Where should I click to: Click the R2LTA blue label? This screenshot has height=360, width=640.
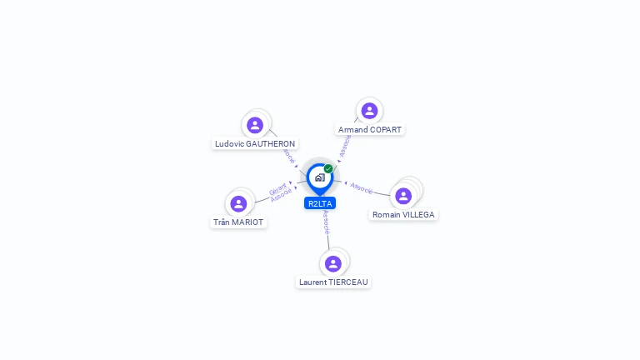pyautogui.click(x=320, y=203)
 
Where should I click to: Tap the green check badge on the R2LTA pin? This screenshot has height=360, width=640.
pyautogui.click(x=328, y=169)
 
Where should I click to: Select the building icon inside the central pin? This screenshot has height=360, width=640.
pyautogui.click(x=319, y=177)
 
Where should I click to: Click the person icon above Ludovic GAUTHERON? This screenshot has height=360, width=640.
pyautogui.click(x=255, y=125)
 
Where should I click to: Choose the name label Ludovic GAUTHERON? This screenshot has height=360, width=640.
pyautogui.click(x=255, y=143)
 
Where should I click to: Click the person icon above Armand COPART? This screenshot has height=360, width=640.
pyautogui.click(x=369, y=111)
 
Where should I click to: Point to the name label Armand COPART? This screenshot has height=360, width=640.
pyautogui.click(x=369, y=130)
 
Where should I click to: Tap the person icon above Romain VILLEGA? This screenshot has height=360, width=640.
pyautogui.click(x=403, y=196)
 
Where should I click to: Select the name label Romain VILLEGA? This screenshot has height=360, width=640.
pyautogui.click(x=403, y=214)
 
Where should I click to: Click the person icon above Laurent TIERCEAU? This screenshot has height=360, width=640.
pyautogui.click(x=333, y=263)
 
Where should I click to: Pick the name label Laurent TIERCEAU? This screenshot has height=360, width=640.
pyautogui.click(x=333, y=282)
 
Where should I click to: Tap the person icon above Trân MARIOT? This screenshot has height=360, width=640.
pyautogui.click(x=238, y=204)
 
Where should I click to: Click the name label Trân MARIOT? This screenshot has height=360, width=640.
pyautogui.click(x=238, y=222)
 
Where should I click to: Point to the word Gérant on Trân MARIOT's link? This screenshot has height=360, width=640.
pyautogui.click(x=277, y=187)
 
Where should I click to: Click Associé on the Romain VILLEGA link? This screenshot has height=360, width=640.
pyautogui.click(x=362, y=187)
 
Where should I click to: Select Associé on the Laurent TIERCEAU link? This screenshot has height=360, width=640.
pyautogui.click(x=327, y=222)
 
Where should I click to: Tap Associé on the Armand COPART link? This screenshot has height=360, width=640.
pyautogui.click(x=345, y=147)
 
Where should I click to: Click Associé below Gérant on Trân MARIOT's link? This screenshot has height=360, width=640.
pyautogui.click(x=282, y=195)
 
